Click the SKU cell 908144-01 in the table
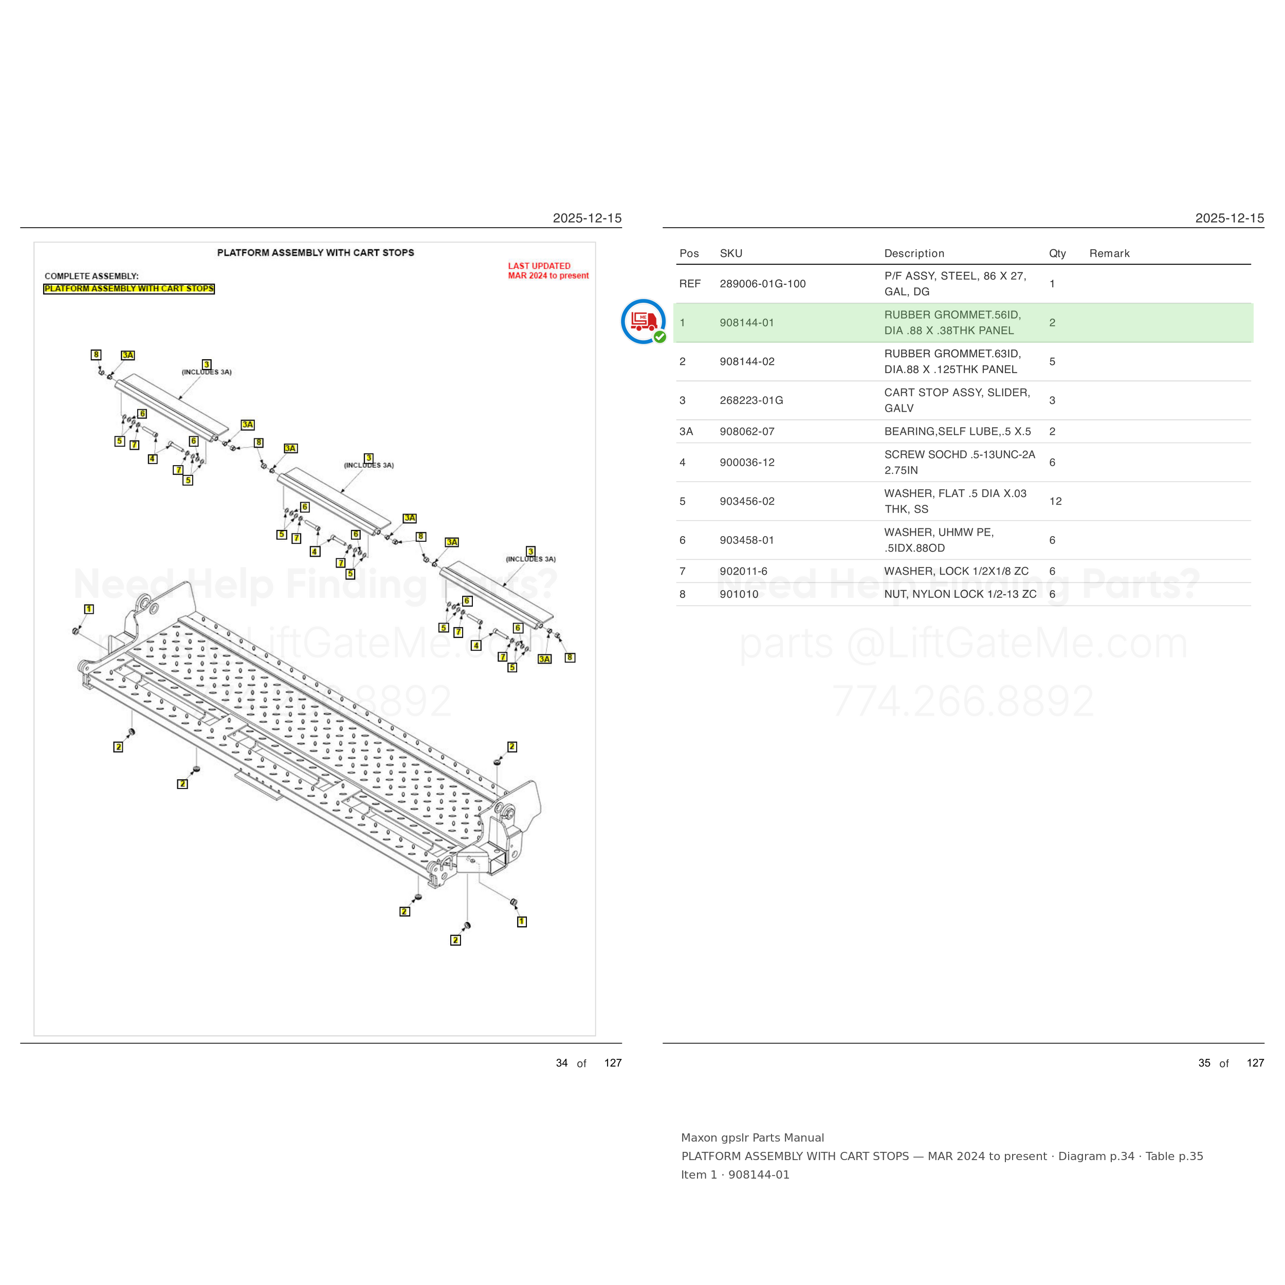click(x=746, y=323)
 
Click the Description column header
click(x=914, y=253)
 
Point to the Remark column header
click(x=1109, y=253)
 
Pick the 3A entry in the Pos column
click(x=686, y=432)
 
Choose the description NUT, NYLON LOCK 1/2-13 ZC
click(x=960, y=594)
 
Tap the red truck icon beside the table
click(x=643, y=321)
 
